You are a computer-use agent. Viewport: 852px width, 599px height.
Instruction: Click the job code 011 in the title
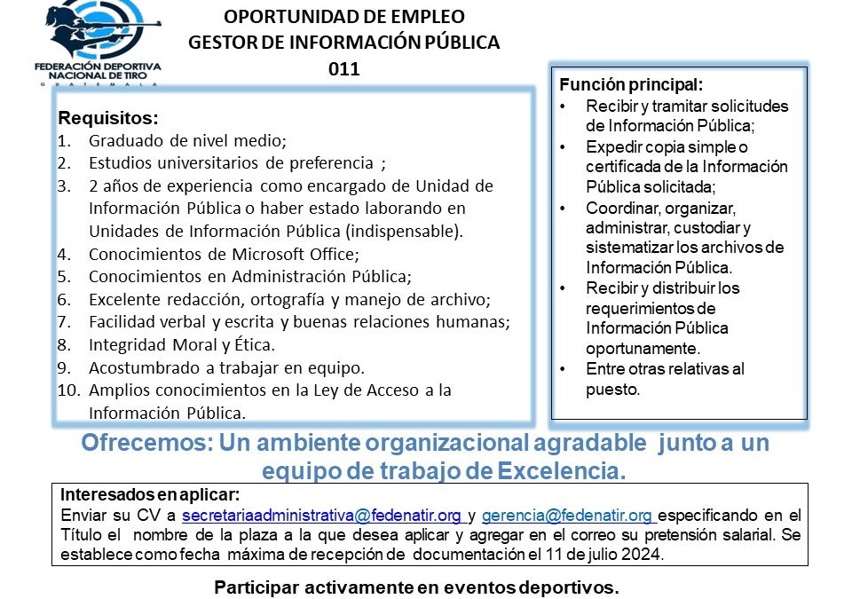point(343,69)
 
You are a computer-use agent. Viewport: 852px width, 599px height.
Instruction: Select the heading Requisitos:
point(108,118)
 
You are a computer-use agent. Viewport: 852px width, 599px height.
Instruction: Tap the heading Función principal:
point(631,86)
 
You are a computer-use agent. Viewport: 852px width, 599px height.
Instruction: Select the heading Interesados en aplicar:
point(150,495)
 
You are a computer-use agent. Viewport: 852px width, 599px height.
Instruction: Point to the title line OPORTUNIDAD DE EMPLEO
point(343,16)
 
